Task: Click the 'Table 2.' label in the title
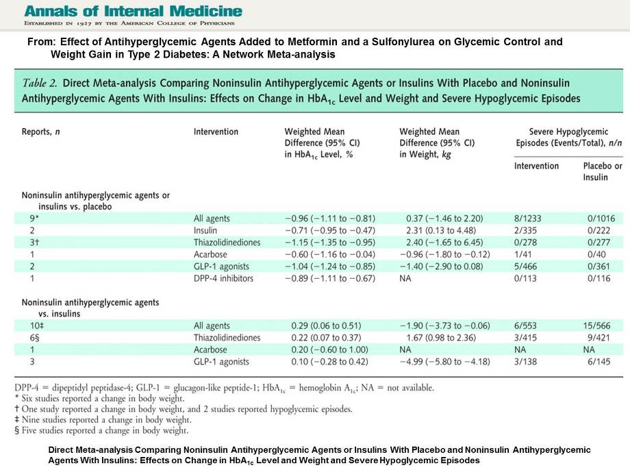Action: point(40,82)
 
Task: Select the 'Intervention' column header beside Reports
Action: point(216,132)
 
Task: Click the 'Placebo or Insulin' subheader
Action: point(603,171)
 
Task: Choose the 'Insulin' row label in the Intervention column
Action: point(205,230)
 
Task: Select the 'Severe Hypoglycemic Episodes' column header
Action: point(568,137)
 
